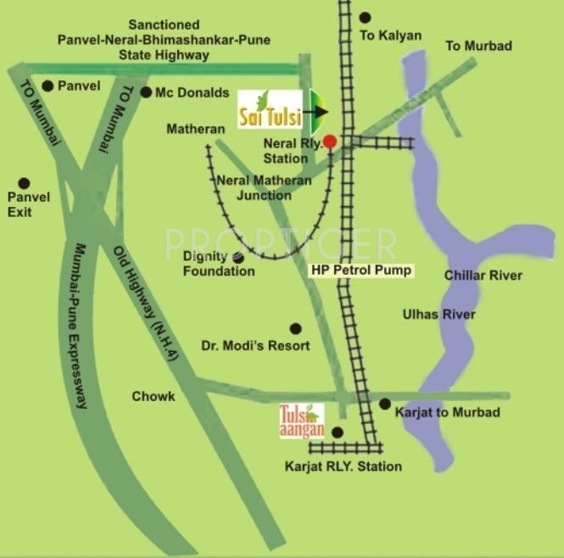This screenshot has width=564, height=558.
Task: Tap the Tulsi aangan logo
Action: coord(302,421)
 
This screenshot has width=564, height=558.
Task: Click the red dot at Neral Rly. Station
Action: coord(330,141)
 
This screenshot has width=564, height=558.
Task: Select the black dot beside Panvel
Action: coord(47,86)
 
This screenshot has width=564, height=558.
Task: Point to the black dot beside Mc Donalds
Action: coord(146,92)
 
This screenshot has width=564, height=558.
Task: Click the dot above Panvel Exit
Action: coord(24,182)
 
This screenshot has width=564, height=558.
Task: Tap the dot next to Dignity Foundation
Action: coord(237,256)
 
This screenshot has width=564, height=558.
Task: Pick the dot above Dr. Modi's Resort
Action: coord(295,328)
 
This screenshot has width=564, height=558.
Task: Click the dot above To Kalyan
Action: coord(365,17)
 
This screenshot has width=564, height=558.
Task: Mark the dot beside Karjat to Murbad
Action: coord(385,404)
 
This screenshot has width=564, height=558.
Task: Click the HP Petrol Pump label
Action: coord(360,271)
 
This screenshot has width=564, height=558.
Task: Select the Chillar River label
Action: coord(483,276)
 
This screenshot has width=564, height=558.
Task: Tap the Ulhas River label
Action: coord(438,315)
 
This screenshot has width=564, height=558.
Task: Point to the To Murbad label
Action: coord(479,46)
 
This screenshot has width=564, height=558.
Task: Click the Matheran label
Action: coord(196,129)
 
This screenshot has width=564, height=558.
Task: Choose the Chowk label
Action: coord(154,396)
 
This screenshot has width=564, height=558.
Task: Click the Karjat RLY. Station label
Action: coord(343,466)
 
